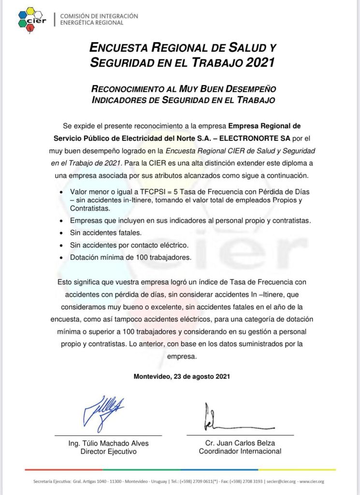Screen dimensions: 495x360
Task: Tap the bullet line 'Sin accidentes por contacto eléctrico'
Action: pos(129,245)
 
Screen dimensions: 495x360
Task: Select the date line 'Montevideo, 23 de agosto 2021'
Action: pos(182,376)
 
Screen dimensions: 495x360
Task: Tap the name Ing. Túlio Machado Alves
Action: pos(109,443)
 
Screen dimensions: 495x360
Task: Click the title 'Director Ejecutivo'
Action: pos(109,451)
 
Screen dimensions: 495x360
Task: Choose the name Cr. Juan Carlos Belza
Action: pos(240,443)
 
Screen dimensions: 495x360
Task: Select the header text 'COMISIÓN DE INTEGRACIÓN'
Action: pos(99,16)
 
